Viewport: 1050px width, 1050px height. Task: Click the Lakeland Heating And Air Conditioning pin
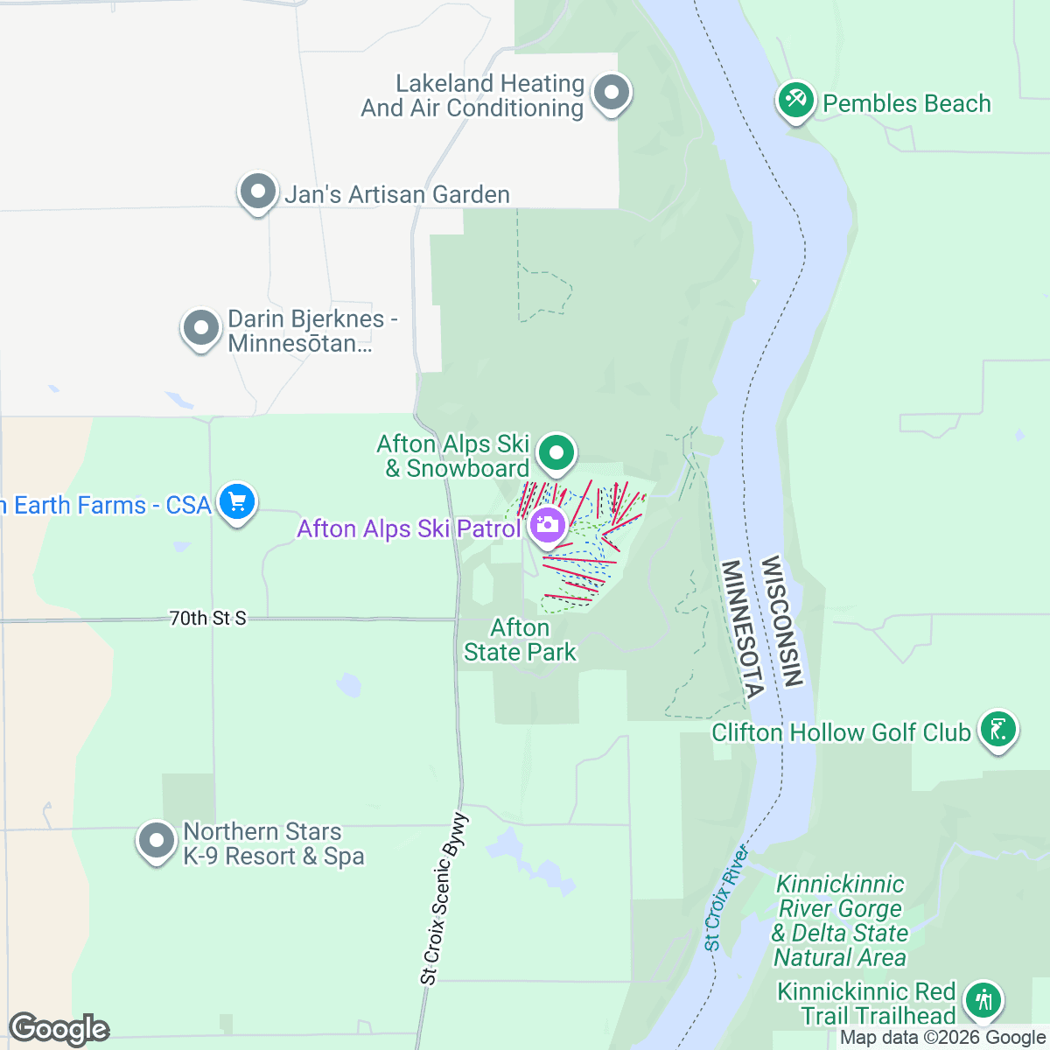(x=612, y=92)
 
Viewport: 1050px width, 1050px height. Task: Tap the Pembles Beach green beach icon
(x=796, y=101)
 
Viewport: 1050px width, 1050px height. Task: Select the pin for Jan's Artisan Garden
(x=257, y=191)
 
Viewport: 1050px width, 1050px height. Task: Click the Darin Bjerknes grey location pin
(x=201, y=329)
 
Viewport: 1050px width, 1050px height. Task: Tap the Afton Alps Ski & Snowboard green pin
(x=556, y=453)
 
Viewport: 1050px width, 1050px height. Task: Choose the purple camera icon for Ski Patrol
(x=548, y=525)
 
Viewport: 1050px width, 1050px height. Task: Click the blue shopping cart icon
(x=236, y=502)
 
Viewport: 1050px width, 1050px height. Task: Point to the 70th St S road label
(x=207, y=619)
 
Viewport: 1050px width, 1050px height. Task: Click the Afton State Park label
(x=520, y=640)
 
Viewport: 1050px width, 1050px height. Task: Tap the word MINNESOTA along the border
(x=743, y=629)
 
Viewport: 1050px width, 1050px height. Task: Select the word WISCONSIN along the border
(x=781, y=620)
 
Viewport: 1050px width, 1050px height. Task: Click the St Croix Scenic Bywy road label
(x=444, y=899)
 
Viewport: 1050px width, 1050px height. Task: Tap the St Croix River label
(x=726, y=898)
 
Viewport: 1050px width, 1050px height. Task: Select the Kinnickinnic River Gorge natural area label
(x=840, y=920)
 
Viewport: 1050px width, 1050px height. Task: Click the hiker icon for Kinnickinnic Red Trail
(x=983, y=999)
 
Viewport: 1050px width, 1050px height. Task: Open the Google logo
(x=59, y=1029)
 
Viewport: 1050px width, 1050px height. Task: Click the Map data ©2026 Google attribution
(x=943, y=1038)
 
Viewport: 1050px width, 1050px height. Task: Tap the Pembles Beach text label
(x=906, y=103)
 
